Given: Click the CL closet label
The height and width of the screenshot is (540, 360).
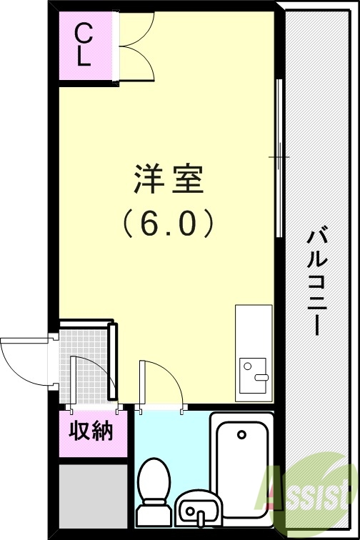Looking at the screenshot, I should (84, 44).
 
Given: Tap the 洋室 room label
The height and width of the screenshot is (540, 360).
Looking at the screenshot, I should (169, 180).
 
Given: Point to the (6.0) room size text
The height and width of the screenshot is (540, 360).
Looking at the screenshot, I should (169, 224).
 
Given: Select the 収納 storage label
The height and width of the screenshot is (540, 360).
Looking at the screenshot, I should (91, 431).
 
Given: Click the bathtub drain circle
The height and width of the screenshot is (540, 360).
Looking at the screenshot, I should (241, 434).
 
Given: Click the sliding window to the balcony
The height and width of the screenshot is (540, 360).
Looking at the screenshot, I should (279, 157).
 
